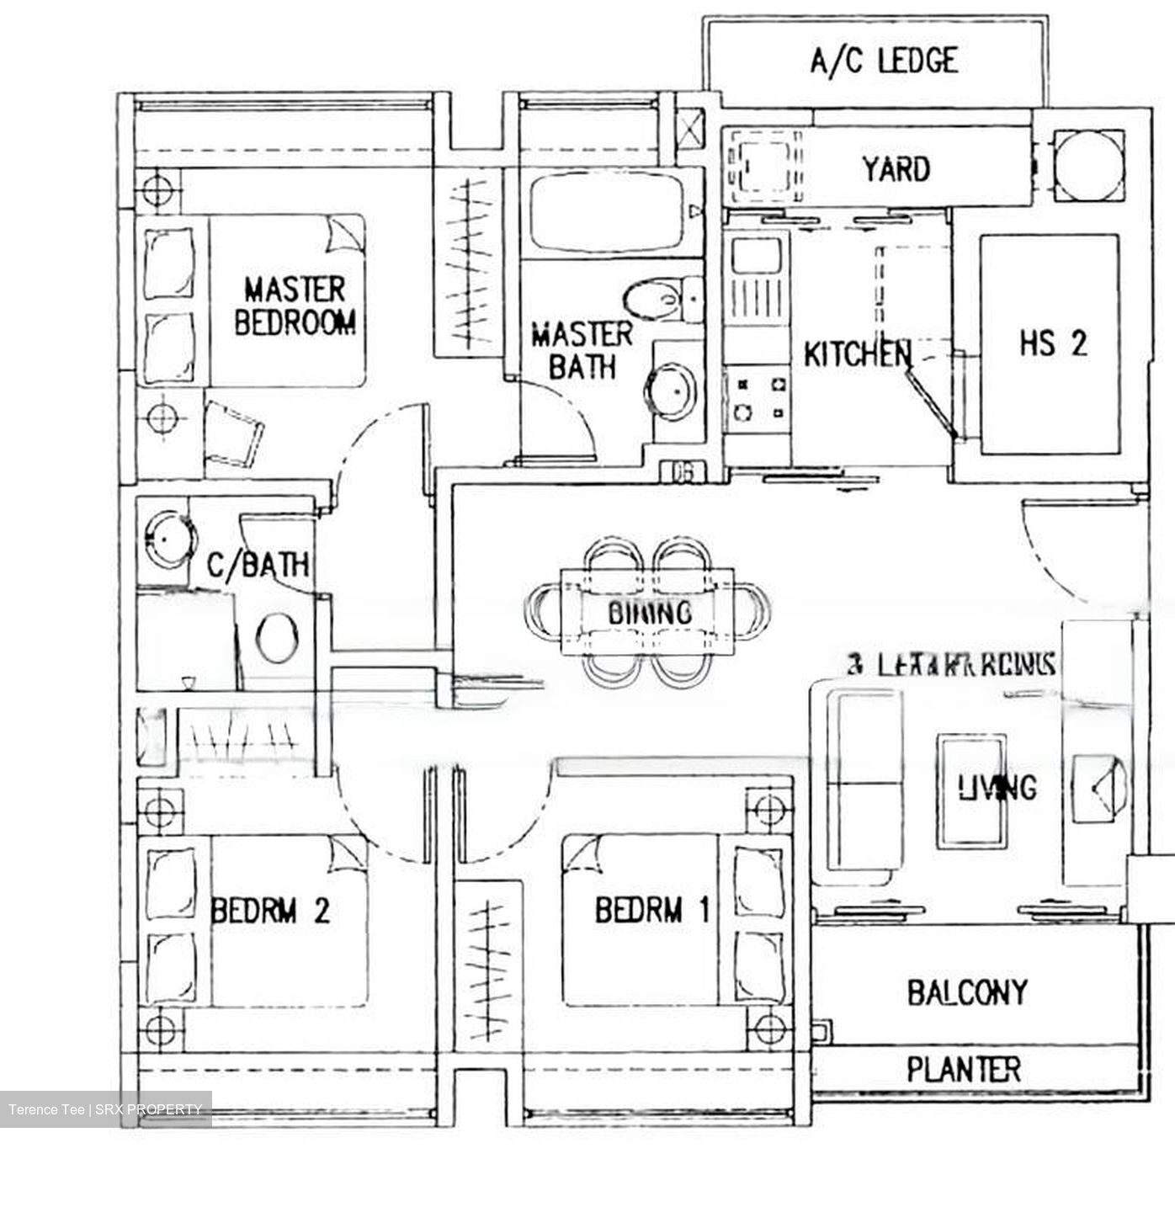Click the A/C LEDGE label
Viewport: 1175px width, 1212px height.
[x=883, y=61]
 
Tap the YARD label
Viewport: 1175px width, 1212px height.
[x=896, y=169]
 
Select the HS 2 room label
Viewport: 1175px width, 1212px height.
[x=1052, y=343]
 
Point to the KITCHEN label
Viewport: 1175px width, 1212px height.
[x=856, y=354]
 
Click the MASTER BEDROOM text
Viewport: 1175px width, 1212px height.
[x=294, y=306]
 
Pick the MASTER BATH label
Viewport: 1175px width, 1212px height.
[x=581, y=350]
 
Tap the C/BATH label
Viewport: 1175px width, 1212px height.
[x=258, y=564]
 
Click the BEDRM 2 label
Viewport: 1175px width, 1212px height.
[x=269, y=910]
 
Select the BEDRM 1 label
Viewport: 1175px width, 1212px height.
[x=652, y=910]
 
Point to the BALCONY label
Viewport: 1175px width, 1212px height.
[x=967, y=992]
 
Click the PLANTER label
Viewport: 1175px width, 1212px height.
[x=964, y=1070]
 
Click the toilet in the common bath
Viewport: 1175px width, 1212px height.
[x=275, y=638]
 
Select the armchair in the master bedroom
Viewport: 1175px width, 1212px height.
[x=233, y=432]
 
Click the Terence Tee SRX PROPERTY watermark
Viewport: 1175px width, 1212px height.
[x=105, y=1109]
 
